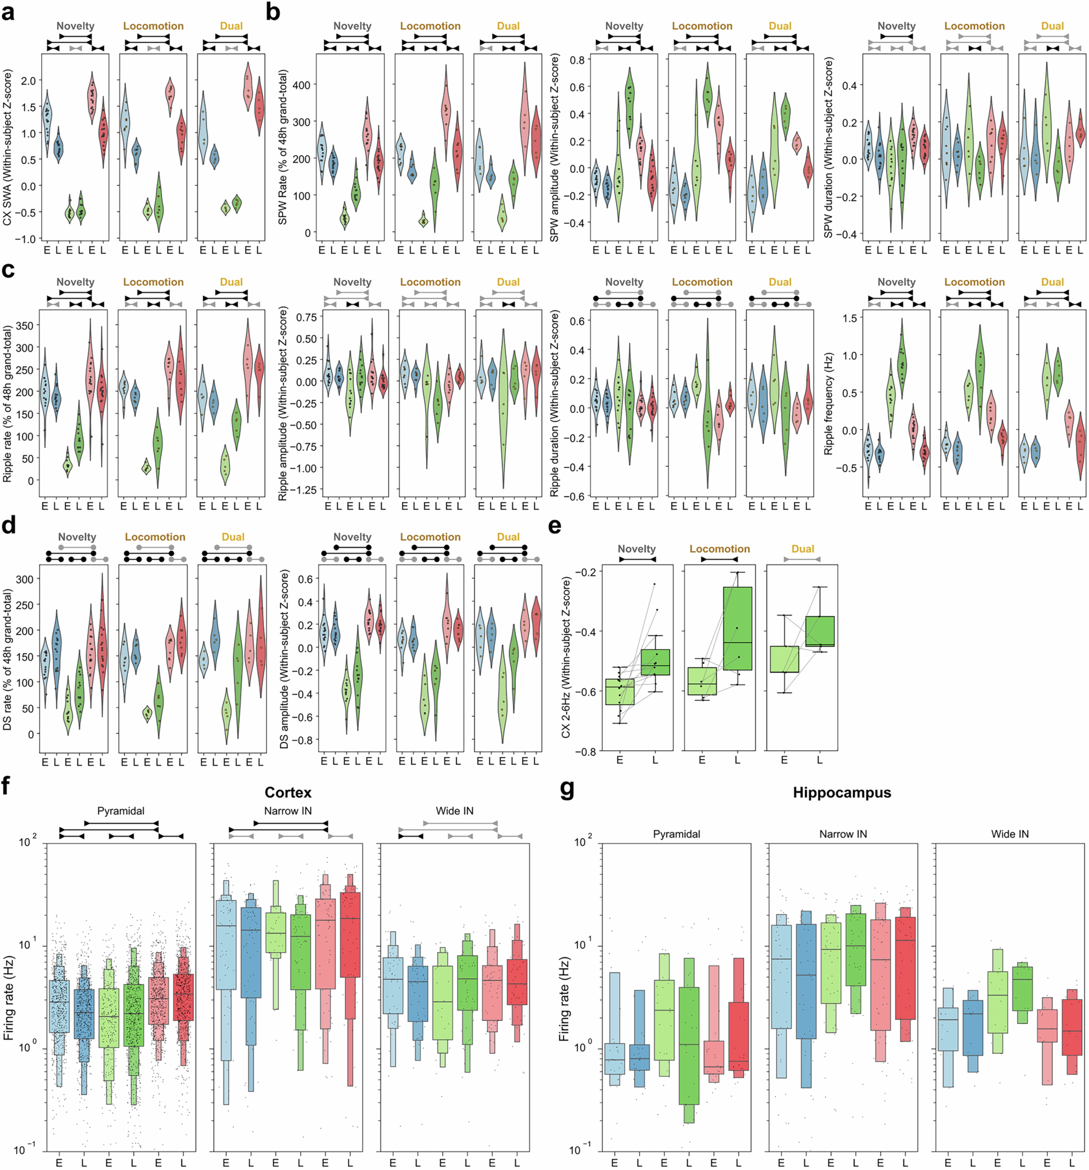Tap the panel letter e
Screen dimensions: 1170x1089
point(554,526)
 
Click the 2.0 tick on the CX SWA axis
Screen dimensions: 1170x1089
point(28,81)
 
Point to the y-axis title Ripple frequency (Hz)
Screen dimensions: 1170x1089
point(828,404)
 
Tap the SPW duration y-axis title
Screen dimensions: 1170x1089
point(828,147)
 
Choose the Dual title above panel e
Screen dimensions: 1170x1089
point(802,549)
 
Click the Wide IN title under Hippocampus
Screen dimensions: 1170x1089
point(1009,834)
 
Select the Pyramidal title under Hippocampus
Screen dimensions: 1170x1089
point(676,834)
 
